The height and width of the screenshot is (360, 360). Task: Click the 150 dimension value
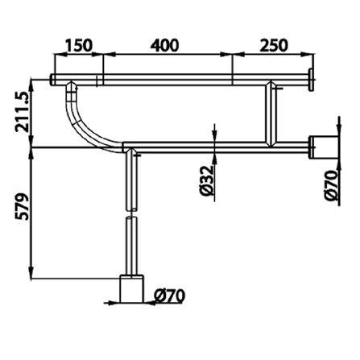click(79, 45)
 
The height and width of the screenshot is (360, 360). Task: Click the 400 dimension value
click(164, 45)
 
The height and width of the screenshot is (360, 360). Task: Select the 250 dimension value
click(274, 45)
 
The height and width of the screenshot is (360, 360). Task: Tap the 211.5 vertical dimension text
click(22, 112)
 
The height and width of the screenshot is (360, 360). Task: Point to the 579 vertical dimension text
click(22, 206)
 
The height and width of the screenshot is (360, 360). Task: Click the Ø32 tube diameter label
click(208, 180)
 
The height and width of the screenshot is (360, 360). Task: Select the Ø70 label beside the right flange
click(331, 185)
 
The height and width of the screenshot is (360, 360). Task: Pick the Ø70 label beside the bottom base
click(170, 296)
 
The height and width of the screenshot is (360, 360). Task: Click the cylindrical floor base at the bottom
click(131, 289)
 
